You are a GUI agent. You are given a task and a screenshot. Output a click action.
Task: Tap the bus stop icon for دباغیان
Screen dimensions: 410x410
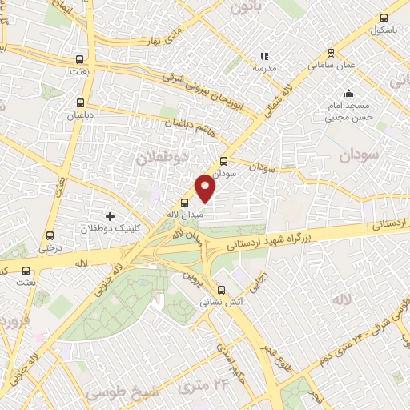coord(79,102)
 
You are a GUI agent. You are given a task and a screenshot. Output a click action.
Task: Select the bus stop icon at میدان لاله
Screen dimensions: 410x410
coord(185,203)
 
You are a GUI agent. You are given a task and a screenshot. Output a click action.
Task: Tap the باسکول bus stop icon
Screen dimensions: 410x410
coord(384,18)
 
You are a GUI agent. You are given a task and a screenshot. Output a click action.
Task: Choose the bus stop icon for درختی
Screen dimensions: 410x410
coord(51,235)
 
